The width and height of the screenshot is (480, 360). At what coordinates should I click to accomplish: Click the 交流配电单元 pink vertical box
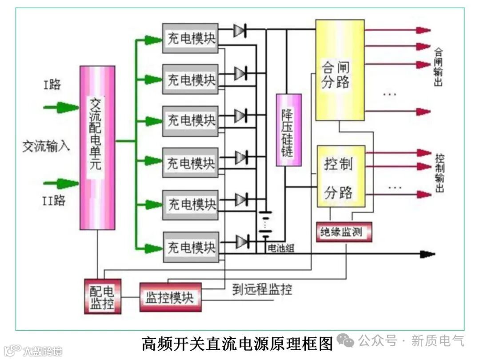pos(97,148)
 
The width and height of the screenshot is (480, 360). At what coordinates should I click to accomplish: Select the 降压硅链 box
pos(288,130)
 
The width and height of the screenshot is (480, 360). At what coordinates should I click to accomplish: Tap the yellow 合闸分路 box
pos(340,70)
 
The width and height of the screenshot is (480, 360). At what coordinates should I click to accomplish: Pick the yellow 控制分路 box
pos(341,176)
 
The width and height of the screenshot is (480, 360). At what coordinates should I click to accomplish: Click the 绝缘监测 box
pos(344,232)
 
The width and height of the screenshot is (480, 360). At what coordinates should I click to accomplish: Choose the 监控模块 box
pos(170,296)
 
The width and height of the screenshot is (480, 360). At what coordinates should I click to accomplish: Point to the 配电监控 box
pos(102,296)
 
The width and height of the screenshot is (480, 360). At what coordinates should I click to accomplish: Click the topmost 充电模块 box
pos(190,38)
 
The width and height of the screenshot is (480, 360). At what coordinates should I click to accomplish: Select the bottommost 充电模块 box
pos(190,247)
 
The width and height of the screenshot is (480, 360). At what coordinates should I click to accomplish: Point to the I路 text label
pos(52,84)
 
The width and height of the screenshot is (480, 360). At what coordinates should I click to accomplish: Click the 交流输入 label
pos(46,146)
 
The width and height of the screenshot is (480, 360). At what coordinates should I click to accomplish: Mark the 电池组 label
pos(281,248)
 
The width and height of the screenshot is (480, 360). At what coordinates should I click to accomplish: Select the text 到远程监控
pos(262,290)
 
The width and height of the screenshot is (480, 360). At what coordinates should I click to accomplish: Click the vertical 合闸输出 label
pos(439,67)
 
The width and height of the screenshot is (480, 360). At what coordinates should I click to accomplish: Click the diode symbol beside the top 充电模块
pos(240,30)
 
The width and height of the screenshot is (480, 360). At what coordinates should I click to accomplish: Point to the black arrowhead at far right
pos(428,254)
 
